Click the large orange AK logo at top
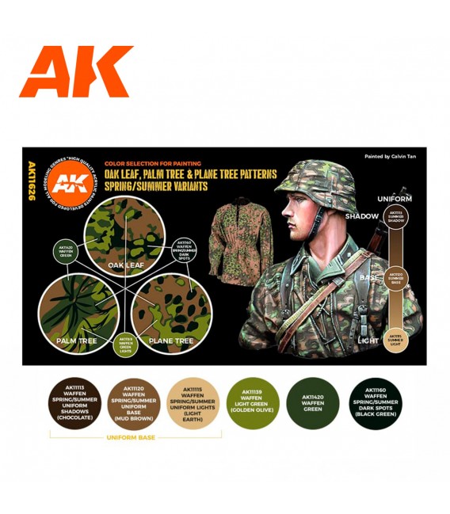[76, 71]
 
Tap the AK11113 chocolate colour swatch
[74, 402]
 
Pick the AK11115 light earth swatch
[194, 402]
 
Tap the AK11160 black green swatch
[374, 402]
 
